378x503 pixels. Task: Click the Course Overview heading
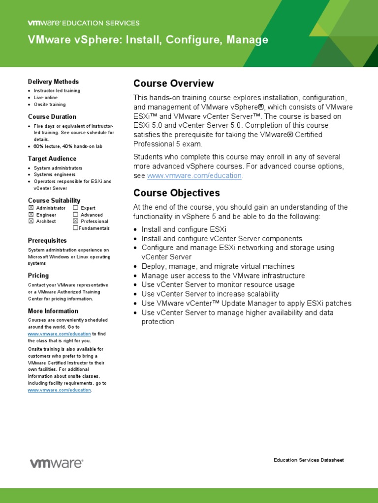tap(174, 84)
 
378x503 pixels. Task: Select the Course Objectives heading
tap(177, 193)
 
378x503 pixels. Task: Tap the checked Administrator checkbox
tap(31, 208)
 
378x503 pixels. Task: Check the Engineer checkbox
tap(31, 215)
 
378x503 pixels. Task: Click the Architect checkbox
tap(31, 221)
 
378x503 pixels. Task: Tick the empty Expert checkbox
tap(75, 208)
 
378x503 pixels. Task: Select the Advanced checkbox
tap(75, 215)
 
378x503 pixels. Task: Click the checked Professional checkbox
tap(75, 221)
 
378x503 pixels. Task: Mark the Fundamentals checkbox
tap(75, 228)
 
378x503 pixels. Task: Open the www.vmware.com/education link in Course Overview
tap(194, 176)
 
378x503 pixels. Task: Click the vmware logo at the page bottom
tap(57, 463)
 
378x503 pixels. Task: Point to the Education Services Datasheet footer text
tap(309, 460)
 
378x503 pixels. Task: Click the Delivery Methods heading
tap(53, 82)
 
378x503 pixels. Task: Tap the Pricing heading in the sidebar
tap(38, 276)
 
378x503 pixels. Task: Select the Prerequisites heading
tap(47, 241)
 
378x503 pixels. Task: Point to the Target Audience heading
tap(52, 159)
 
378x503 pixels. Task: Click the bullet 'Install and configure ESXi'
tap(184, 229)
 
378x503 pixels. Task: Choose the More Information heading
tap(53, 311)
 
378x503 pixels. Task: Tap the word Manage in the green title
tap(247, 40)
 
